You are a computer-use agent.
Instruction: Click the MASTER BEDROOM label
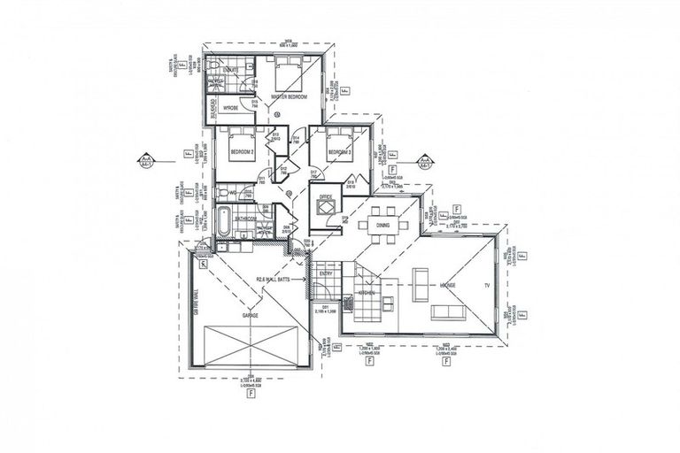pos(289,96)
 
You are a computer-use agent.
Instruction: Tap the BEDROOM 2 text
pos(242,152)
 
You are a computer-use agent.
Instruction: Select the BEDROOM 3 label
pos(341,152)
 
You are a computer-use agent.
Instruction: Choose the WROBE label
pos(231,108)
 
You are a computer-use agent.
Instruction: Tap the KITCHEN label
pos(367,293)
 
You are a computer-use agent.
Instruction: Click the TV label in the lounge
pos(484,287)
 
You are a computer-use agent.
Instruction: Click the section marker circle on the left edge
pos(143,160)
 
